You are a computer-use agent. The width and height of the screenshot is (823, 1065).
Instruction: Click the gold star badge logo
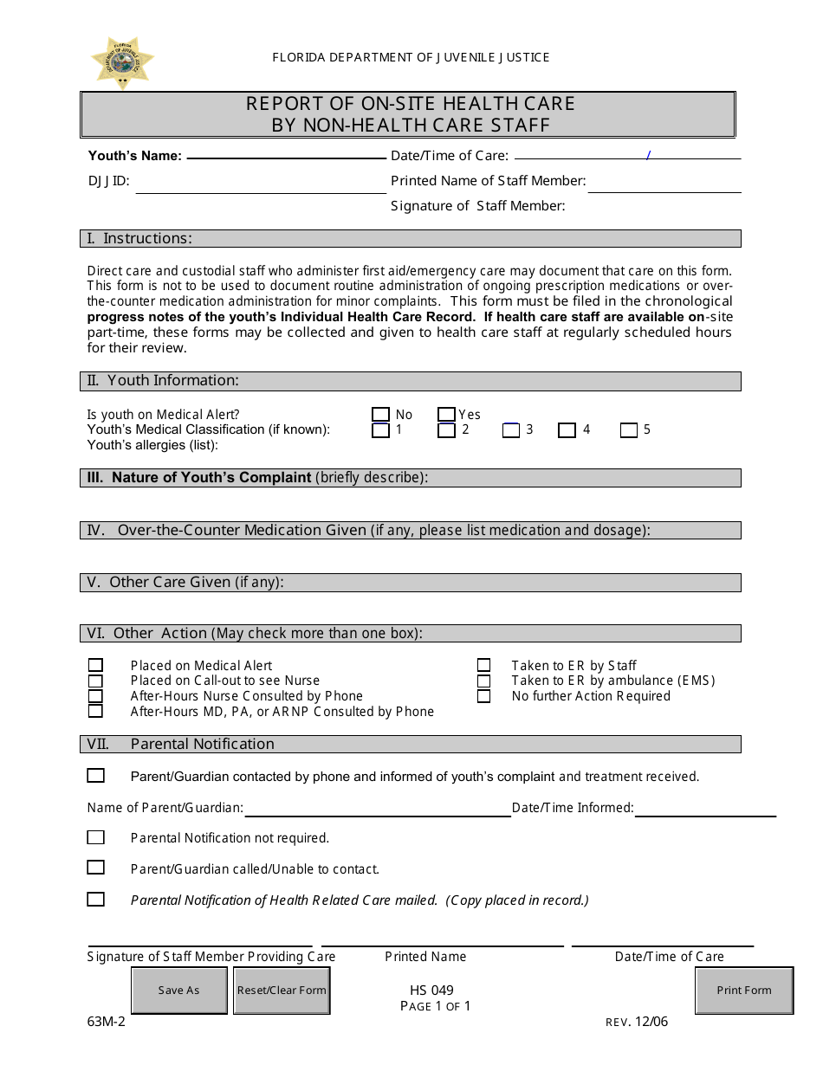coord(122,62)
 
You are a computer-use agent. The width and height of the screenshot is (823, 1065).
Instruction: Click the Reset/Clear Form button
coord(282,991)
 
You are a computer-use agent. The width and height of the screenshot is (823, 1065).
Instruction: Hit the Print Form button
coord(744,991)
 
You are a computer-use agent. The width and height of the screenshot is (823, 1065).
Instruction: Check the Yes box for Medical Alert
coord(446,415)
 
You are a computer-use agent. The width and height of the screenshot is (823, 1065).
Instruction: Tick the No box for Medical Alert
coord(380,415)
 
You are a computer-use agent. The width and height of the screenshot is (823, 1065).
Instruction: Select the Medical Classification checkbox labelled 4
coord(567,430)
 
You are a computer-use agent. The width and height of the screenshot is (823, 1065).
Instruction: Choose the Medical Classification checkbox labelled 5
coord(629,430)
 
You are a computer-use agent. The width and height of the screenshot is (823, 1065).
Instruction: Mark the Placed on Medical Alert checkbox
coord(95,665)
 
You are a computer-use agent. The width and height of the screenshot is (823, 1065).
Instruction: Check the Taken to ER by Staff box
coord(483,665)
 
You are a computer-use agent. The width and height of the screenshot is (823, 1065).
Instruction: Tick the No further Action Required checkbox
coord(483,696)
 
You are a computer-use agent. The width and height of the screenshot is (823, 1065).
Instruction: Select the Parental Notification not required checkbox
coord(95,838)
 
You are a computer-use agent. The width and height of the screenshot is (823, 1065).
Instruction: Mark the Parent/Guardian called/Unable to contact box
coord(95,868)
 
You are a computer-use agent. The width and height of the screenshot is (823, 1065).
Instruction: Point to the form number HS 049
coord(431,991)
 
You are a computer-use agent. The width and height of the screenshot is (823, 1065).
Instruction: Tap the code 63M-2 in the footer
coord(107,1022)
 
